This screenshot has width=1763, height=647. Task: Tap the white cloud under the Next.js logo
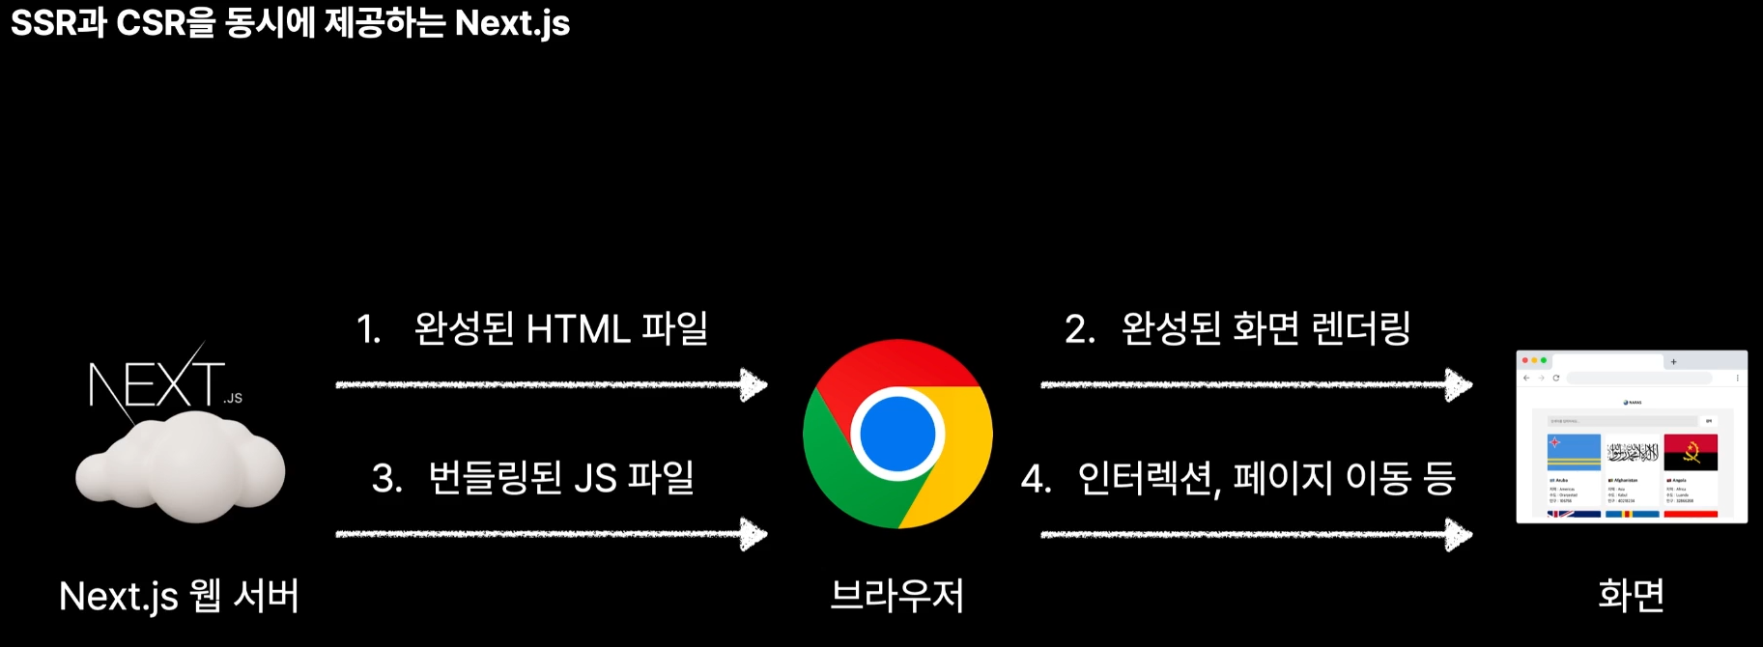181,467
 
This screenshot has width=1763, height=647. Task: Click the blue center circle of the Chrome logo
896,435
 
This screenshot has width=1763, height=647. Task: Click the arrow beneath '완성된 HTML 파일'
551,384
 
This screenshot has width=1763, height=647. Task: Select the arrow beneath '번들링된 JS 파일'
551,533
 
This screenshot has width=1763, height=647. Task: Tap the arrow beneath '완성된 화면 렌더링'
1256,384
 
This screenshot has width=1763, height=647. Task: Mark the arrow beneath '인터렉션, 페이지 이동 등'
1256,533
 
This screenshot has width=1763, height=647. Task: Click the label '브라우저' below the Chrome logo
897,595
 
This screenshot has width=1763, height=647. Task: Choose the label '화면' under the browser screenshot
1632,595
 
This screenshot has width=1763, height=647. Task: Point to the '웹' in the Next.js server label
206,596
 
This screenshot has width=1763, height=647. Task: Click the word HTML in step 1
578,329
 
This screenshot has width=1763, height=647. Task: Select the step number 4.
1035,479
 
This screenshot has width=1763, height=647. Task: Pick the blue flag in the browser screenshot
1574,452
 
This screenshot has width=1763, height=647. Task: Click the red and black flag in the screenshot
1691,452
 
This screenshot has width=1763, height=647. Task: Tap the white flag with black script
1633,452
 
